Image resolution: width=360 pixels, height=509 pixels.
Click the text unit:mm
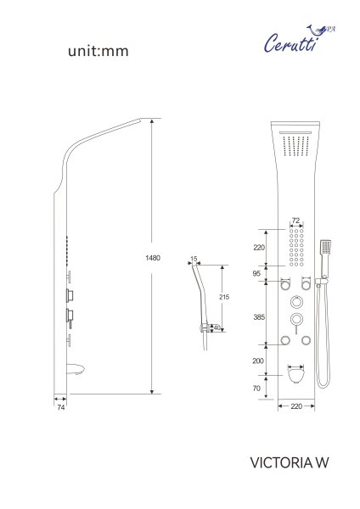coord(97,52)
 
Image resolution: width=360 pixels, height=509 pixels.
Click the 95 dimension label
coord(257,273)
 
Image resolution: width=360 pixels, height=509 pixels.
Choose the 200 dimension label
coord(257,361)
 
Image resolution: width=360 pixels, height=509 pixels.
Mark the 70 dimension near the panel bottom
coord(257,388)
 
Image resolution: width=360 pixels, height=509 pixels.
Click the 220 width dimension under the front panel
coord(296,407)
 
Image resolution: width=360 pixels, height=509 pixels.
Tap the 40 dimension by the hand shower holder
coord(217,327)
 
